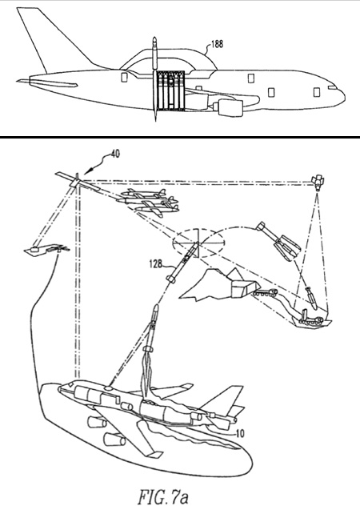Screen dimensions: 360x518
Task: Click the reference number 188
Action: pyautogui.click(x=217, y=43)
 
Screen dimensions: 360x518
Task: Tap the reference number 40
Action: pyautogui.click(x=114, y=154)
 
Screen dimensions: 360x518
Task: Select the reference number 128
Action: pyautogui.click(x=156, y=263)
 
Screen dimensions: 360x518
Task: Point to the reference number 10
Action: pyautogui.click(x=241, y=433)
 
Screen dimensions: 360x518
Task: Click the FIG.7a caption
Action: pyautogui.click(x=163, y=497)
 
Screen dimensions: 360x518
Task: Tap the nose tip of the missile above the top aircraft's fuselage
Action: pyautogui.click(x=154, y=38)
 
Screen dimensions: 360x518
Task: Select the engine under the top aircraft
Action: pyautogui.click(x=229, y=108)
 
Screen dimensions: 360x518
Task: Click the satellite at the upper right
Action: pyautogui.click(x=318, y=183)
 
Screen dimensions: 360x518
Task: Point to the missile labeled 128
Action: pyautogui.click(x=183, y=262)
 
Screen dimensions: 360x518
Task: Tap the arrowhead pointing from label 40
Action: pyautogui.click(x=86, y=172)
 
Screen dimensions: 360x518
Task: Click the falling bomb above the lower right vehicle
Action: pyautogui.click(x=311, y=298)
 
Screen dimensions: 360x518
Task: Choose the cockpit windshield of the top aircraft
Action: pyautogui.click(x=332, y=88)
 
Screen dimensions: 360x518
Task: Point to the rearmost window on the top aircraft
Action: pyautogui.click(x=124, y=78)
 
